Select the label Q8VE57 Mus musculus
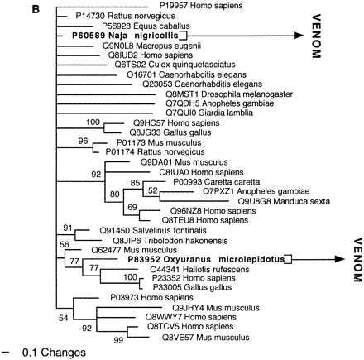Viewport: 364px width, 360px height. click(191, 337)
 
